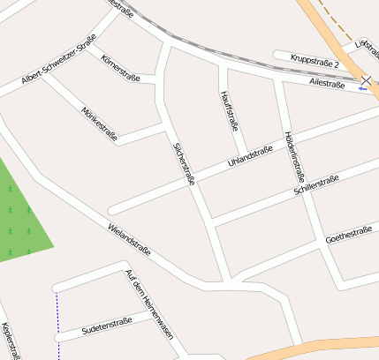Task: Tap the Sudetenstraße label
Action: pos(106,326)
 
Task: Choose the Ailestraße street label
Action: pos(328,82)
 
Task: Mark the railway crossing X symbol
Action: pos(367,80)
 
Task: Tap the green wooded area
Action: pos(22,216)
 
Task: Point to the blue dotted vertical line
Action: pos(58,326)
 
